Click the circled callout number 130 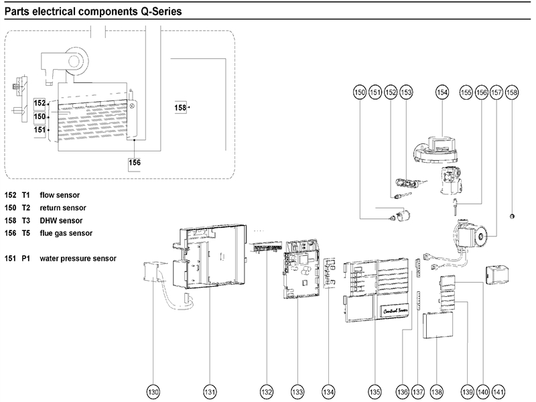(x=154, y=391)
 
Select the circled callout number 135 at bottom (x=375, y=391)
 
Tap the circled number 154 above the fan (x=442, y=92)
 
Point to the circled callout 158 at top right (x=512, y=92)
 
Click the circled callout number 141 (x=498, y=391)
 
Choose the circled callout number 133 (x=297, y=391)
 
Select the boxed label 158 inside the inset (x=180, y=107)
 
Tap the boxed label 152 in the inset (x=40, y=104)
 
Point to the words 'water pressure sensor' (x=78, y=258)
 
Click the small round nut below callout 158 (x=512, y=215)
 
